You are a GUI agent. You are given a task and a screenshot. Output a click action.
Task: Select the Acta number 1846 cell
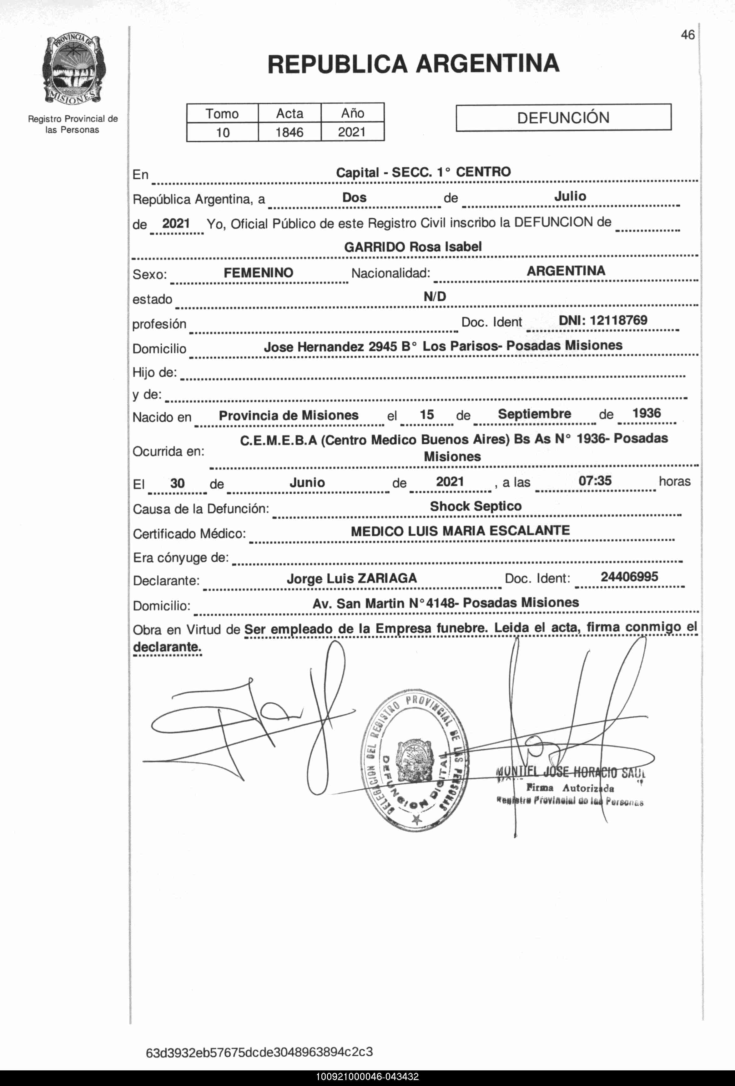coord(289,132)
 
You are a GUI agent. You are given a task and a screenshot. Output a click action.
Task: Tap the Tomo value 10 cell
coord(222,132)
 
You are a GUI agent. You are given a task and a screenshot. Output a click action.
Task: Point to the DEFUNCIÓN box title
coord(563,117)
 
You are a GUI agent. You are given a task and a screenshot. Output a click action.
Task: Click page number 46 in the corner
coord(687,35)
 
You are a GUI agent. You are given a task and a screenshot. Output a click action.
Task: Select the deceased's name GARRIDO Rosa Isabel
coord(413,247)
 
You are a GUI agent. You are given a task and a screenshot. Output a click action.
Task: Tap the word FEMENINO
coord(258,273)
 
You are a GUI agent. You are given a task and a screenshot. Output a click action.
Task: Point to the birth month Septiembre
coord(534,414)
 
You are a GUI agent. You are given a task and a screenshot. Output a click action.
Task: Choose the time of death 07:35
coord(595,481)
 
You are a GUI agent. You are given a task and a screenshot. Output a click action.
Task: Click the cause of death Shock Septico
coord(476,506)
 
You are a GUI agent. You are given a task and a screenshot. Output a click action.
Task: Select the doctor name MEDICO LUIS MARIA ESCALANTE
coord(460,531)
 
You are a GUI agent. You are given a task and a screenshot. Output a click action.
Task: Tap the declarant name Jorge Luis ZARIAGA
coord(352,579)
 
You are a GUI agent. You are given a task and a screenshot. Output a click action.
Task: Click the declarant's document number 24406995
coord(629,577)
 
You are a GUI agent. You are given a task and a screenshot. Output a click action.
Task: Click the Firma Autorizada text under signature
coord(570,788)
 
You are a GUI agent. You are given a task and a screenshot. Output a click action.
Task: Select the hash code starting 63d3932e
coord(259,1052)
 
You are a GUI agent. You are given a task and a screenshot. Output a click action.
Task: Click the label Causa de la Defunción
coord(201,509)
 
